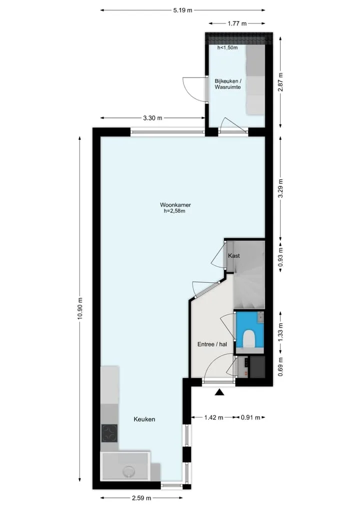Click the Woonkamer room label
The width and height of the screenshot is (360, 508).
(175, 205)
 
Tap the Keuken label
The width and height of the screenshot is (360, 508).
(144, 419)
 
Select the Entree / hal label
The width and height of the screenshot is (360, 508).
(212, 344)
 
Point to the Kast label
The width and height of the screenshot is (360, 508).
(234, 256)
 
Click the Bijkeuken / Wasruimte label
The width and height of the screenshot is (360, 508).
(227, 84)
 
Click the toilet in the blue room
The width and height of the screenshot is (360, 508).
(249, 339)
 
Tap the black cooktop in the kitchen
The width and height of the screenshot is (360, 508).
(109, 433)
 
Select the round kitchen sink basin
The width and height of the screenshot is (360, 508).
(129, 471)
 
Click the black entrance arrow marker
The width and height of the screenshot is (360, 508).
(220, 392)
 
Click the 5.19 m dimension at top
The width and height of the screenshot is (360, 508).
(182, 10)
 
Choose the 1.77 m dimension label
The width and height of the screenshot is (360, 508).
(237, 23)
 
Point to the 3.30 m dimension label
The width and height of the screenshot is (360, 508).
(152, 118)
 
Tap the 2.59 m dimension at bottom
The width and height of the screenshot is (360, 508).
(141, 498)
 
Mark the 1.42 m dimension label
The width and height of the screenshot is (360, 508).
(213, 417)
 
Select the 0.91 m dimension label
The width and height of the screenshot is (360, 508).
(250, 417)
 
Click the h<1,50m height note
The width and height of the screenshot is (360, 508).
(227, 47)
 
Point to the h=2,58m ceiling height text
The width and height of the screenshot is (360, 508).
(174, 211)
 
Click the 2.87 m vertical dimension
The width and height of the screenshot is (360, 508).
(280, 82)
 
